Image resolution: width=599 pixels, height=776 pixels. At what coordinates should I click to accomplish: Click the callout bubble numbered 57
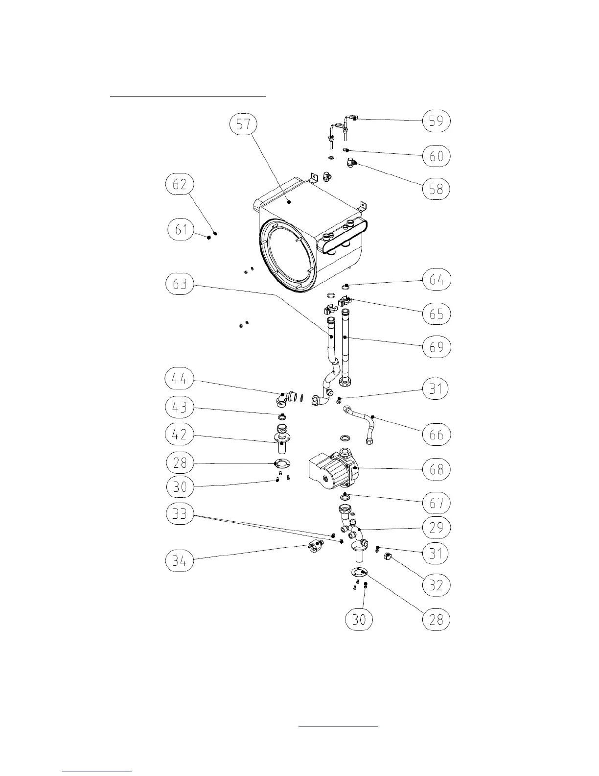pos(244,124)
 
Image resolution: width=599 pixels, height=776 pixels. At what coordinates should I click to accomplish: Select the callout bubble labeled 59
pos(436,121)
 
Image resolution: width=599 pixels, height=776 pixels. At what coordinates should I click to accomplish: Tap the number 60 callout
pos(436,156)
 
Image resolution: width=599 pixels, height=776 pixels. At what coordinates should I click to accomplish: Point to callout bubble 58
pos(436,189)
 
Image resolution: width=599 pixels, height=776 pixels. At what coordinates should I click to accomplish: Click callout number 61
pos(182,229)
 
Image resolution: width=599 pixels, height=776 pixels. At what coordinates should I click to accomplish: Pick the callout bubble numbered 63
pos(180,284)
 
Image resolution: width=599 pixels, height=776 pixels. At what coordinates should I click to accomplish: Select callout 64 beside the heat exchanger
pos(436,280)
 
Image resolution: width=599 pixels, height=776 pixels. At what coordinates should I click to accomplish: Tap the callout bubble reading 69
pos(436,347)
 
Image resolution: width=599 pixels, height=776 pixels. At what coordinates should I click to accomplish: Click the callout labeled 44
pos(180,379)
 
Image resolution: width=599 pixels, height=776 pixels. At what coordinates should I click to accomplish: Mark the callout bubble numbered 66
pos(436,435)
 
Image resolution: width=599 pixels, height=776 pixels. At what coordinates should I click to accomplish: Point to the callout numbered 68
pos(436,469)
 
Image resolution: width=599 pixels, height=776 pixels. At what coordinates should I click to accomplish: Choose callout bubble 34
pos(180,561)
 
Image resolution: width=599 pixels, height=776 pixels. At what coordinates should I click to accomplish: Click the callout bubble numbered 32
pos(436,585)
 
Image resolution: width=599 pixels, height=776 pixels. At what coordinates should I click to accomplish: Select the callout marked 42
pos(180,435)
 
